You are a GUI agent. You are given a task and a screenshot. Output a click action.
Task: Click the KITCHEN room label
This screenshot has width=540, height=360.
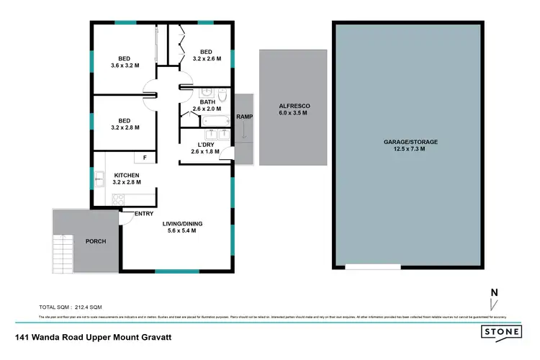point(126,175)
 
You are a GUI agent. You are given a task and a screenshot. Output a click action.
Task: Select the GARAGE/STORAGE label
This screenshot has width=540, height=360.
point(410,142)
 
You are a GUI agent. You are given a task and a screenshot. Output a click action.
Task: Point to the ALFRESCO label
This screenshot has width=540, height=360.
point(294,106)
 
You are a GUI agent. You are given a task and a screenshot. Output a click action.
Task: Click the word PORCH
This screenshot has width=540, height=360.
point(96,241)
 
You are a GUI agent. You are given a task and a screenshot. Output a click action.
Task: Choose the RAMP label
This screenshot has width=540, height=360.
point(243,117)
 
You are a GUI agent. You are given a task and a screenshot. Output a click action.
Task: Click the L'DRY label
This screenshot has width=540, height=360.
point(204,144)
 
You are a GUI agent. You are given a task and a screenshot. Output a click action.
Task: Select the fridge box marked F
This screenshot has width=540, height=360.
point(144,157)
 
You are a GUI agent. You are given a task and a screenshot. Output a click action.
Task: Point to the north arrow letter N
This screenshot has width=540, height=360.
point(494,292)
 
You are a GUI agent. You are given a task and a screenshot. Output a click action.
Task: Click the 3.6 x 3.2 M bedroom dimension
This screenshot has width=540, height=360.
point(126,66)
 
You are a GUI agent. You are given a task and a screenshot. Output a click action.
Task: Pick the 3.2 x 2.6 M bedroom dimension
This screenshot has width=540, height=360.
point(207,58)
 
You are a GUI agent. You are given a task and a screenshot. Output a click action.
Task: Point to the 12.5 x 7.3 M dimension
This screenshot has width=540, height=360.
point(410,149)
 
